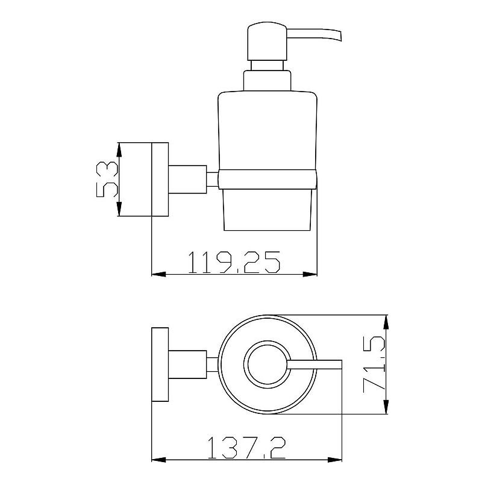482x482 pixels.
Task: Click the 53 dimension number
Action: click(x=107, y=180)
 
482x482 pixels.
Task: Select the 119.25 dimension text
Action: click(x=234, y=262)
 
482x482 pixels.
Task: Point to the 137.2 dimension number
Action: click(x=247, y=448)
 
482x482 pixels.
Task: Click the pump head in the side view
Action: click(x=267, y=41)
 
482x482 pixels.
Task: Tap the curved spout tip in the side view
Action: click(x=339, y=36)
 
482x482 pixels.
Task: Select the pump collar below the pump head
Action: click(x=267, y=81)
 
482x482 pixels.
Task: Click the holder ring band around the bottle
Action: click(x=268, y=178)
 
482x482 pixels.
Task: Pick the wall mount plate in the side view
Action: click(x=160, y=180)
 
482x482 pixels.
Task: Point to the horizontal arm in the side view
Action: click(x=187, y=180)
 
